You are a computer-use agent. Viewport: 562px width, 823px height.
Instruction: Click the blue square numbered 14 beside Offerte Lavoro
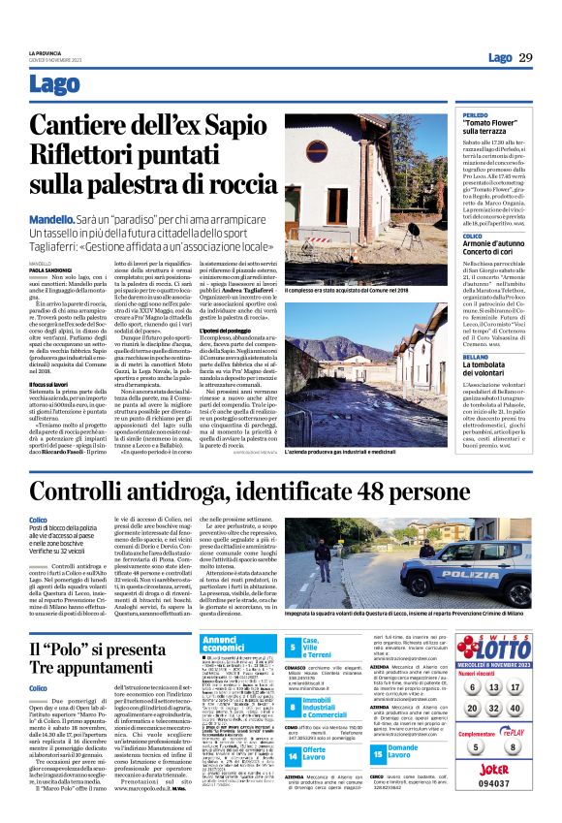pyautogui.click(x=321, y=726)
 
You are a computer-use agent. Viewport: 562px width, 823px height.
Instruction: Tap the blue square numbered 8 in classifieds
pyautogui.click(x=321, y=683)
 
